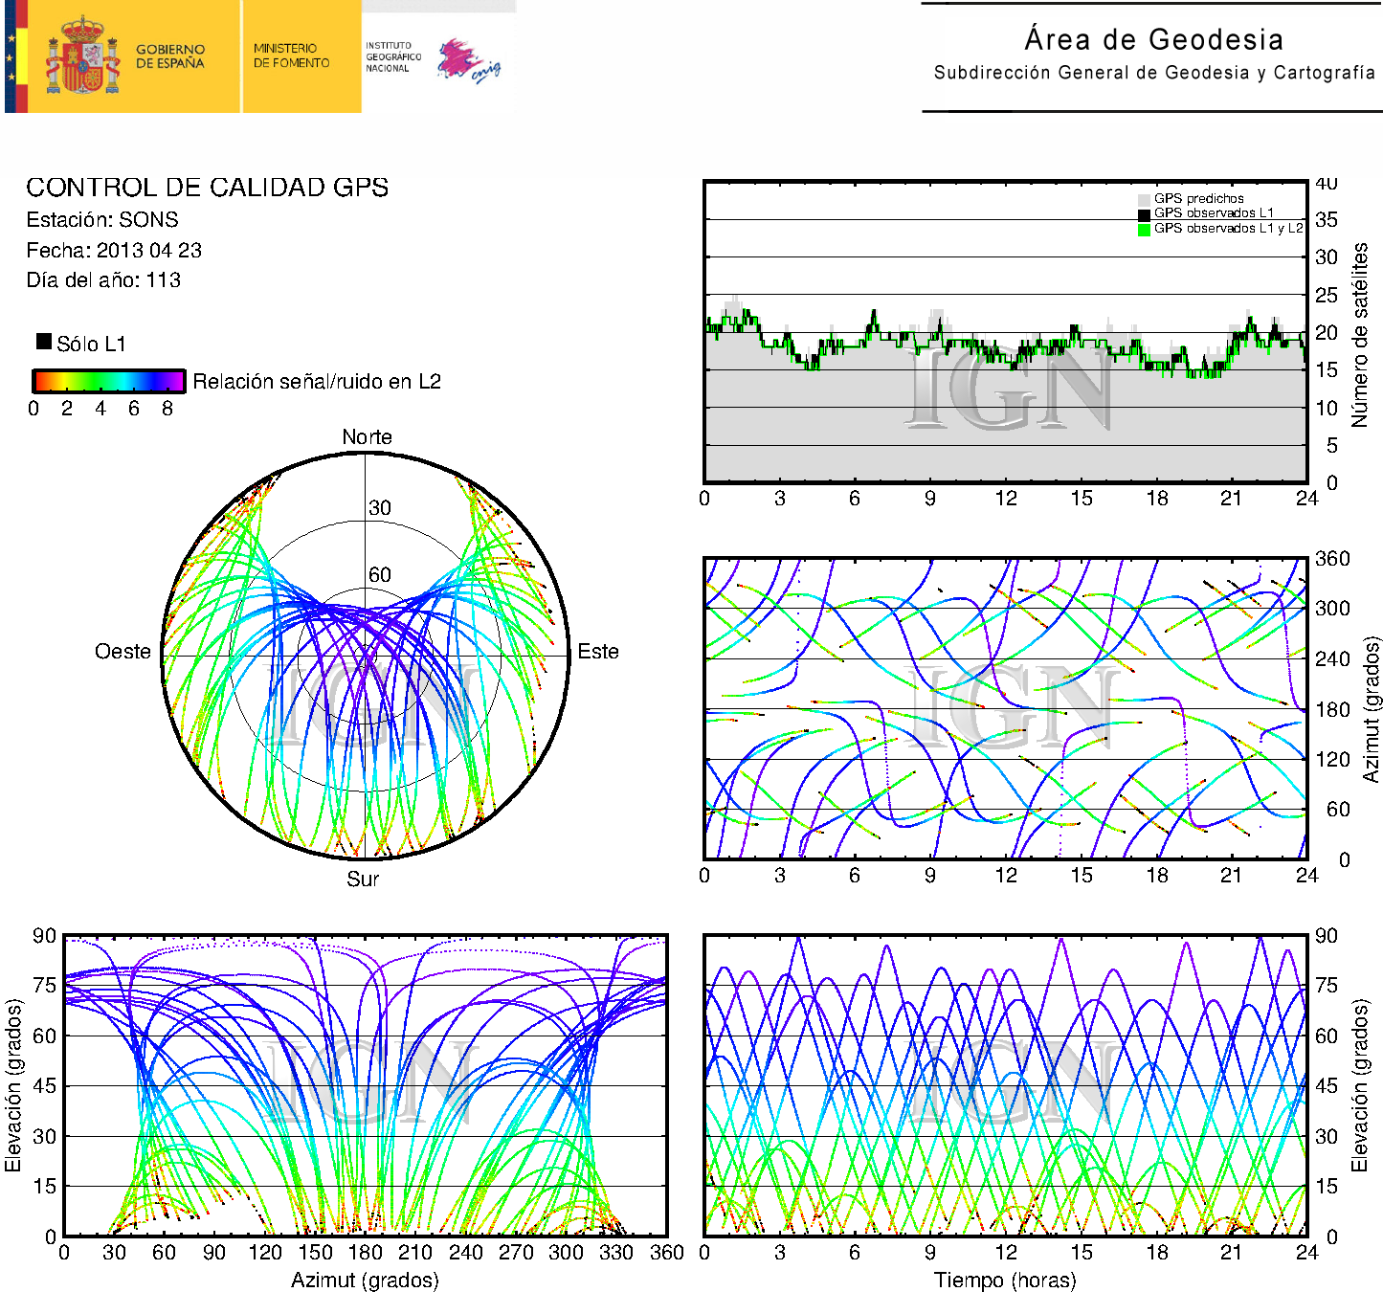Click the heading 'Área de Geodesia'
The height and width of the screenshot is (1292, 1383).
click(x=1153, y=39)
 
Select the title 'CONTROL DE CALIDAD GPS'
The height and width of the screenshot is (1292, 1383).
click(x=207, y=188)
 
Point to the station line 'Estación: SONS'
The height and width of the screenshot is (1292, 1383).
click(x=102, y=220)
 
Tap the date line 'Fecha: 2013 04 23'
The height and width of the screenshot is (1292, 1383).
click(x=114, y=251)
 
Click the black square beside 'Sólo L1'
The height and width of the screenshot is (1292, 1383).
click(x=44, y=342)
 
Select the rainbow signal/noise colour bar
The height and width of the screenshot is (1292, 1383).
click(x=108, y=381)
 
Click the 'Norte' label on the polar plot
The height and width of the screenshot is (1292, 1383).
click(x=367, y=437)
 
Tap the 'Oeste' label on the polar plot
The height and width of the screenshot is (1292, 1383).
click(x=123, y=652)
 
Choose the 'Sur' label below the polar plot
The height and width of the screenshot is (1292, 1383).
click(x=363, y=879)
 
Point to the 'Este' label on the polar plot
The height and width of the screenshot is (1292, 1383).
click(x=598, y=652)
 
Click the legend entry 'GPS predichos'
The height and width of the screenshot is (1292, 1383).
click(x=1198, y=199)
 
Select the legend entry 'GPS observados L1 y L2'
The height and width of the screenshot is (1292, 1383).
click(x=1227, y=229)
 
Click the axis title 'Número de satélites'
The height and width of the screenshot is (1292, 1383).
click(x=1360, y=334)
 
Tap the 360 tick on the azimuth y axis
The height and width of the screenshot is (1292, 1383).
click(x=1331, y=559)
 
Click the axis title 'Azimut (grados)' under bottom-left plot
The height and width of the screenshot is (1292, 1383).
click(x=365, y=1281)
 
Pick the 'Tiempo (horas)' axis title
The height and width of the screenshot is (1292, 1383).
click(x=1005, y=1281)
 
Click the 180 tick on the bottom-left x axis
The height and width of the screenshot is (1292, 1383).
click(x=365, y=1253)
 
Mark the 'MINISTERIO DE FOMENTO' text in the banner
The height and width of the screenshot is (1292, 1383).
click(x=291, y=56)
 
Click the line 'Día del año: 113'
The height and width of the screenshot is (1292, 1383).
click(x=103, y=280)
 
